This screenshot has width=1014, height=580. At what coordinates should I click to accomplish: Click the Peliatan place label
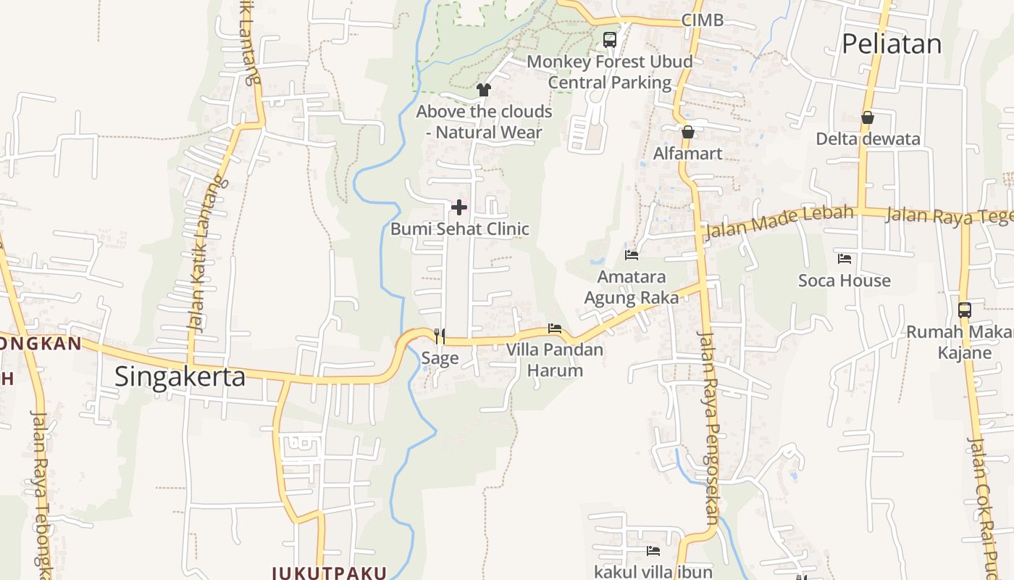[x=892, y=44]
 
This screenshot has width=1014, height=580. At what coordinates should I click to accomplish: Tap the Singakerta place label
[x=180, y=377]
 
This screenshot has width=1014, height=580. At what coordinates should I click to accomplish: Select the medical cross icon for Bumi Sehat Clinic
[x=459, y=208]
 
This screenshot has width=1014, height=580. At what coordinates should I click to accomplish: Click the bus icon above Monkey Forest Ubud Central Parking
[x=610, y=39]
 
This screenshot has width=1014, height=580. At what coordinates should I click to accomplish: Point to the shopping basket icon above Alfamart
[x=688, y=132]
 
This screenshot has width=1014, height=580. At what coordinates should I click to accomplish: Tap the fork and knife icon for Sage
[x=440, y=336]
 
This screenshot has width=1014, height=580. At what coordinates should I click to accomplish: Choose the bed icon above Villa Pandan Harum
[x=555, y=328]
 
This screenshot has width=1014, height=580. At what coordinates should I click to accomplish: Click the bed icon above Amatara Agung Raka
[x=632, y=255]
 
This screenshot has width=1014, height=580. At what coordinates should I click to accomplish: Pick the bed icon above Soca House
[x=845, y=258]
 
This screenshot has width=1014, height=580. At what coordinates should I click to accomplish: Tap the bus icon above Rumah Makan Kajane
[x=965, y=310]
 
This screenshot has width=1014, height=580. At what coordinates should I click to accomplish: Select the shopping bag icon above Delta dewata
[x=868, y=117]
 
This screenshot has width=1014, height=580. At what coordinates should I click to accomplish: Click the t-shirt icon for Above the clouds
[x=484, y=90]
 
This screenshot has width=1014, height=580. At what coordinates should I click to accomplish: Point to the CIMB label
[x=703, y=20]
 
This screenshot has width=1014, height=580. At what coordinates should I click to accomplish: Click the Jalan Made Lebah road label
[x=779, y=221]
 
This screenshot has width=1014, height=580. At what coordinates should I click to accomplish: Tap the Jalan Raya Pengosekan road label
[x=708, y=428]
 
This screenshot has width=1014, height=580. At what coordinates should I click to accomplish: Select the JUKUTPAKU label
[x=330, y=573]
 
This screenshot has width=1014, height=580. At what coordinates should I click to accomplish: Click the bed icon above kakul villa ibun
[x=653, y=551]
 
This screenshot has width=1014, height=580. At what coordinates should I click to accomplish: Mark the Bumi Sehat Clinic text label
[x=460, y=229]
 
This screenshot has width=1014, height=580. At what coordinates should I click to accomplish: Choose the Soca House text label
[x=845, y=281]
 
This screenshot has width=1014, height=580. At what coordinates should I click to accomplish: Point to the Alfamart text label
[x=688, y=154]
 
